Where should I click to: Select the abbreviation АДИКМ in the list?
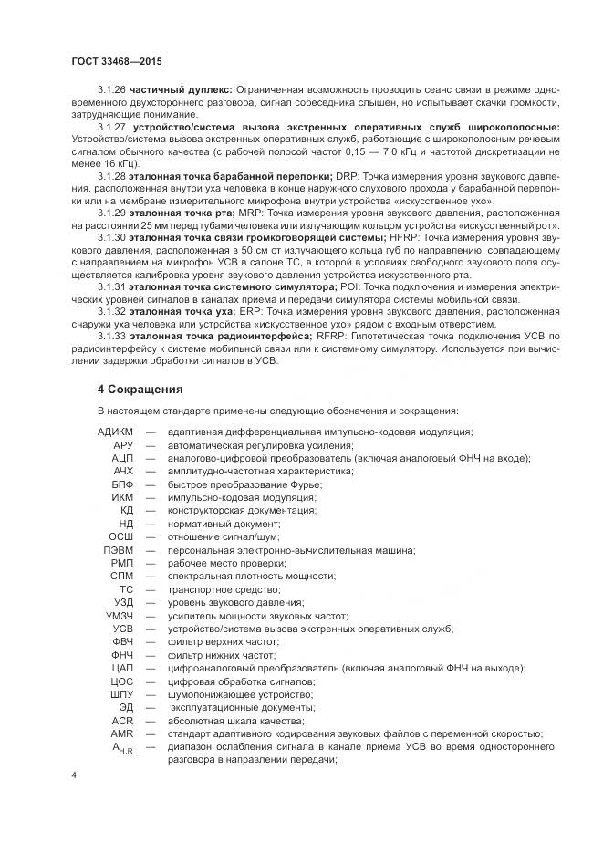pyautogui.click(x=114, y=431)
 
